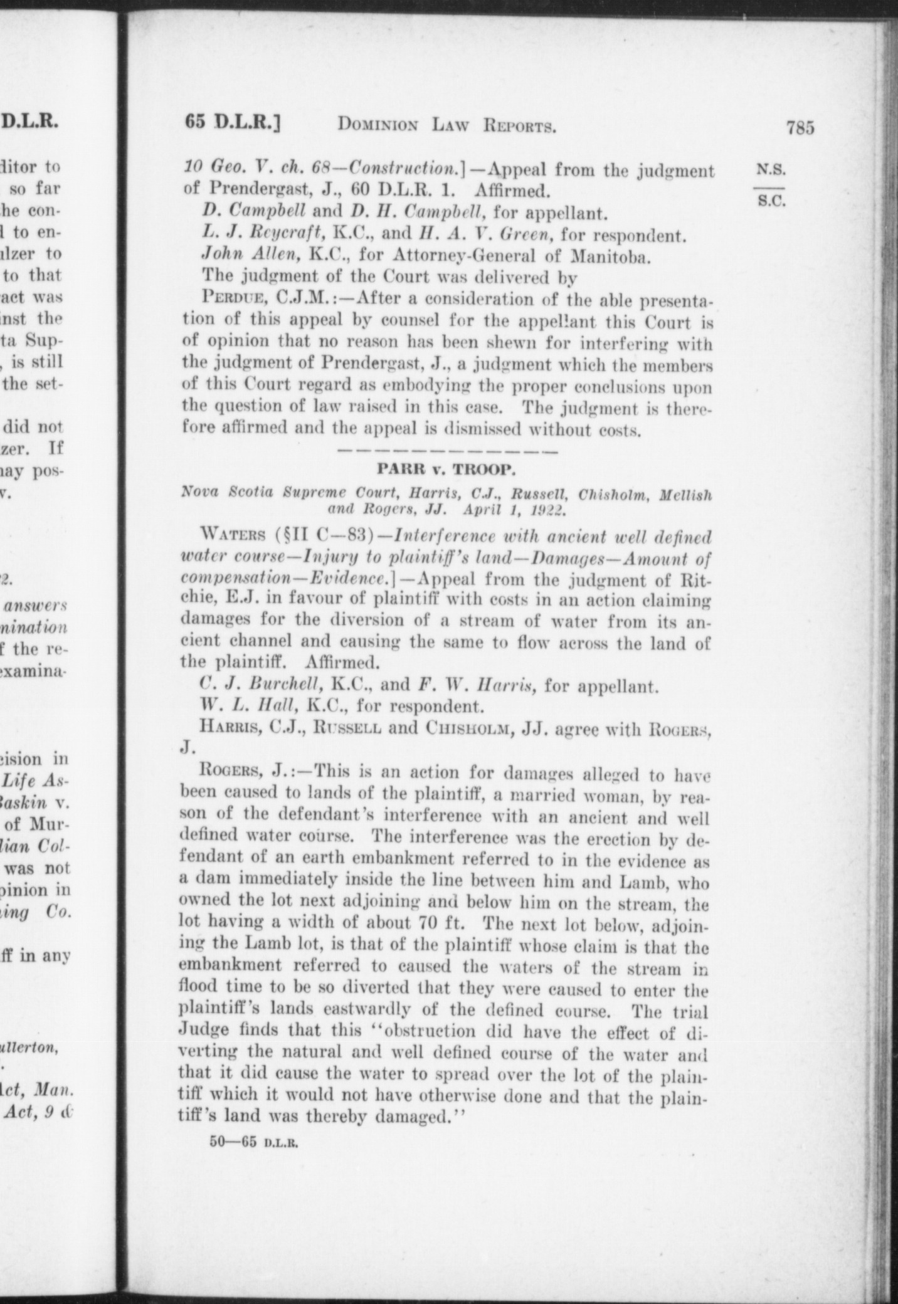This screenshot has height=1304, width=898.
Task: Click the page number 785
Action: click(x=800, y=128)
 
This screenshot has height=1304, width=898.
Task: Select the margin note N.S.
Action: click(x=771, y=169)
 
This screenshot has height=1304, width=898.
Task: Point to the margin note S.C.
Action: click(x=771, y=202)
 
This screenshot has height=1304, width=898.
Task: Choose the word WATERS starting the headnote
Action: click(x=233, y=537)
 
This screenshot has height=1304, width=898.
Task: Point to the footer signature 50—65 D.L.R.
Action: click(x=253, y=1142)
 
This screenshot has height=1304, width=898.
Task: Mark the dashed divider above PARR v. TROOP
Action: click(x=446, y=450)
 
